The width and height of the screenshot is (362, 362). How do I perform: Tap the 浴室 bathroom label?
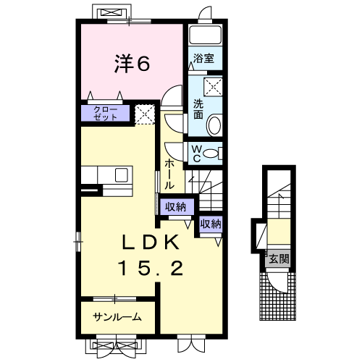(x=203, y=57)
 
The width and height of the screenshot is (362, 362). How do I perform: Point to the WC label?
(x=195, y=152)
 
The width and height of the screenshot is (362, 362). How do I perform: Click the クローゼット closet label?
(x=107, y=113)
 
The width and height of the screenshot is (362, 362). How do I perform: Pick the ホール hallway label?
(x=169, y=174)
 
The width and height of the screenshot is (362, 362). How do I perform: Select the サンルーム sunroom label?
(x=117, y=316)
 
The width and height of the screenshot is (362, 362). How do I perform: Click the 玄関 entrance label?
(x=279, y=258)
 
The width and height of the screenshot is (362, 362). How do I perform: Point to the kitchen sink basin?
(x=121, y=174)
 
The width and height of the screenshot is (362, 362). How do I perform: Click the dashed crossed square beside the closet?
(x=146, y=113)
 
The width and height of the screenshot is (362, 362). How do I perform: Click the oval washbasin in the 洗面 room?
(x=214, y=126)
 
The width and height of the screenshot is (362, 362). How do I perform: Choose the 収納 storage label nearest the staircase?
(x=211, y=224)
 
